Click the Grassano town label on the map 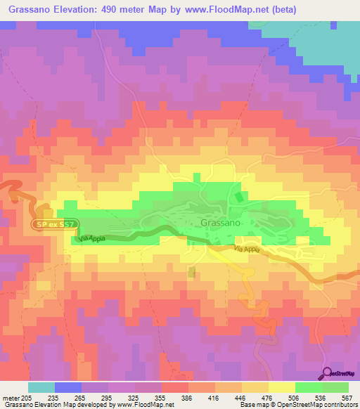tap(221, 223)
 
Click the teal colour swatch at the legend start tap(41, 387)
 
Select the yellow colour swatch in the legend tap(281, 387)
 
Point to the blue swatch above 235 tap(68, 387)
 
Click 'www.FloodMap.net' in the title tap(219, 10)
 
